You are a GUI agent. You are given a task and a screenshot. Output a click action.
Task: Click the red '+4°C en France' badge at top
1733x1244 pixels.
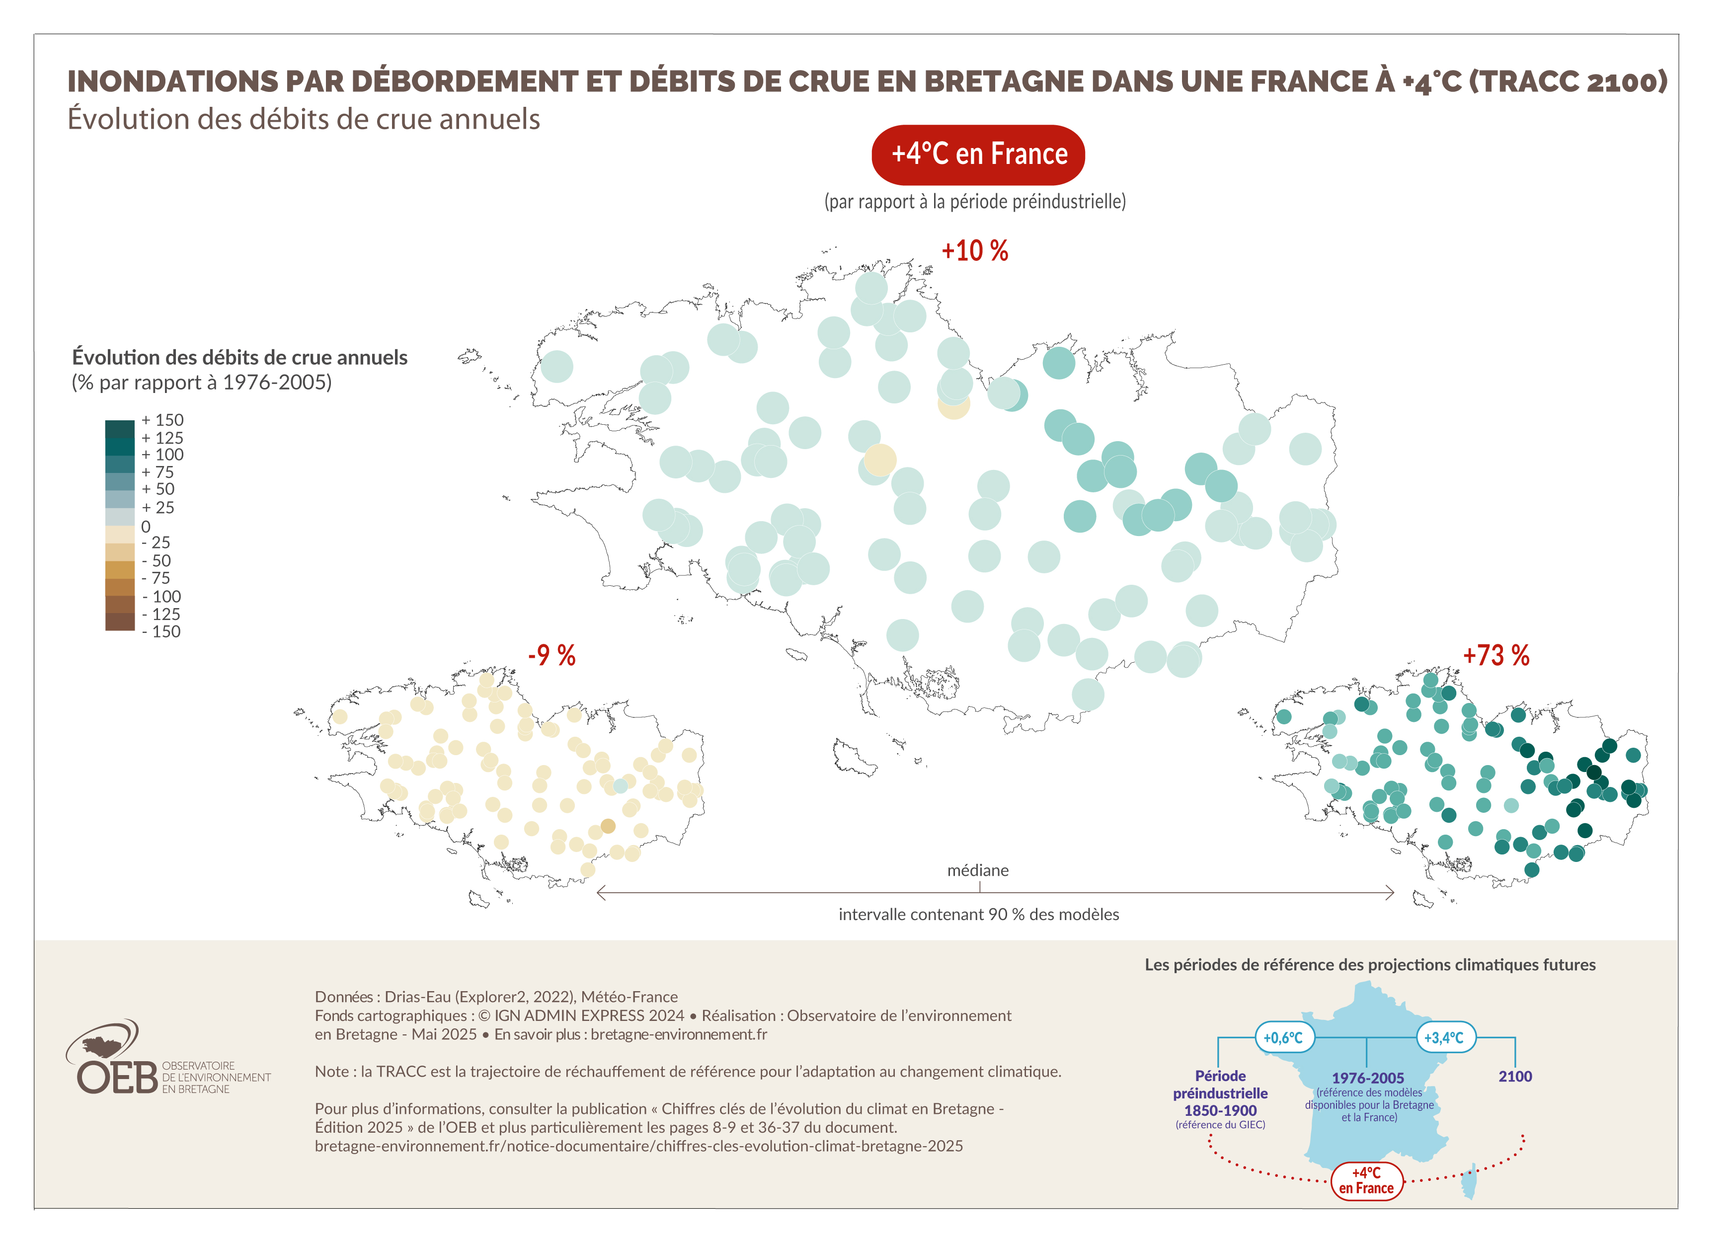(x=978, y=155)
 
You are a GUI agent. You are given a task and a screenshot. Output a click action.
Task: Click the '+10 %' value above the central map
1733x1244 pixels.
(x=974, y=250)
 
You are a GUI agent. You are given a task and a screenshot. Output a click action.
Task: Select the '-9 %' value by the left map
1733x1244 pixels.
(x=551, y=655)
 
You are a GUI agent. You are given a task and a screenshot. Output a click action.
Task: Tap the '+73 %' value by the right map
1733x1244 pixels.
(x=1496, y=655)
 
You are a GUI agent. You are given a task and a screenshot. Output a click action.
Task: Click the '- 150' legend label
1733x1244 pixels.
(x=161, y=632)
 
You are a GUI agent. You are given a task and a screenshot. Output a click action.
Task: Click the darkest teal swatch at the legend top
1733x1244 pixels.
(x=120, y=428)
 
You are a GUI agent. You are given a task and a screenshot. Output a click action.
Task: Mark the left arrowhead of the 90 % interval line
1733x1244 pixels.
(x=601, y=892)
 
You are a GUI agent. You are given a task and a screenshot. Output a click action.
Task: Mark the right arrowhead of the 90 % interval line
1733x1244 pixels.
(x=1391, y=892)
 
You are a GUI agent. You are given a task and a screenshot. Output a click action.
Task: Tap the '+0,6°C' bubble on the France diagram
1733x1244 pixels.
(x=1282, y=1038)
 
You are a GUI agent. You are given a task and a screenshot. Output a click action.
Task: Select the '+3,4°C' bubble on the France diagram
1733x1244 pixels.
(x=1443, y=1038)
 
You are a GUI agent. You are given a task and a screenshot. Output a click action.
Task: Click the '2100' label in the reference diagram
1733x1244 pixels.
(x=1514, y=1077)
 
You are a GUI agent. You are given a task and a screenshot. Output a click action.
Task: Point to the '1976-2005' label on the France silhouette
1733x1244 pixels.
(x=1368, y=1078)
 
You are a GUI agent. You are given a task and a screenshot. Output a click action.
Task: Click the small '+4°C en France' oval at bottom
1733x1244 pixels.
(x=1366, y=1180)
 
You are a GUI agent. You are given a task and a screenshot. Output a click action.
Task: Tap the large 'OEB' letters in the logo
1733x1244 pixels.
(x=117, y=1078)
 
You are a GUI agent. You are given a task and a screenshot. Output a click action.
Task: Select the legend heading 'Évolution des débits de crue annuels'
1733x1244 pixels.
(x=239, y=358)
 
